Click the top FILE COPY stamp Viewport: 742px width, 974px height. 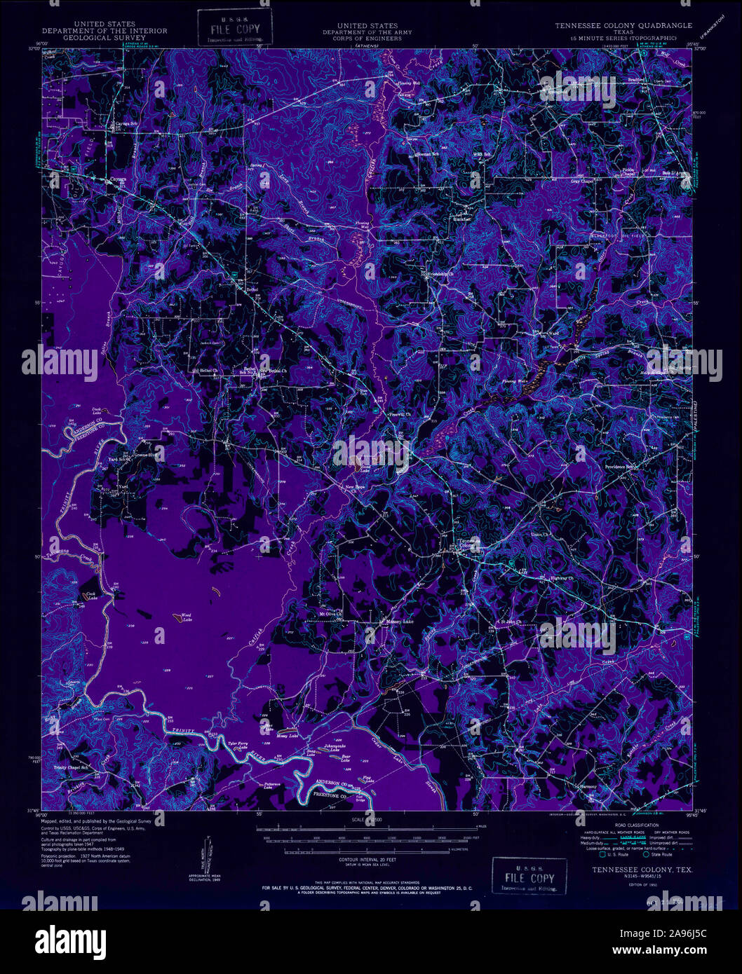click(x=234, y=28)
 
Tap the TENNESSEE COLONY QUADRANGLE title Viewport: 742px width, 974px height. click(x=623, y=25)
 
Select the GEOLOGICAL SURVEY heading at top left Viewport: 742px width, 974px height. click(x=104, y=37)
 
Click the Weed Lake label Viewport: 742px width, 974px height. click(x=186, y=617)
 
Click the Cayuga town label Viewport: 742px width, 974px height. click(x=116, y=180)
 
